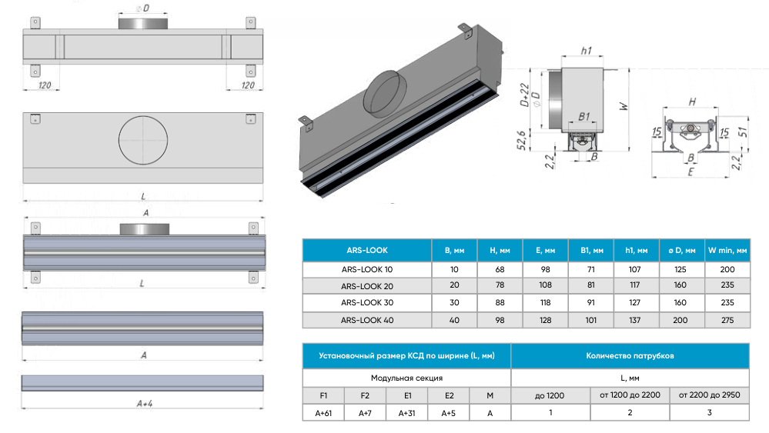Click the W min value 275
(x=727, y=320)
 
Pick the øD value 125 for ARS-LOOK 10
(x=681, y=269)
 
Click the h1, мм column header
(x=636, y=251)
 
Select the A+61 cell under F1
(x=323, y=412)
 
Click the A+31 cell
(x=406, y=412)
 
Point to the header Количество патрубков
(x=630, y=356)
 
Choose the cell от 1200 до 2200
(x=630, y=395)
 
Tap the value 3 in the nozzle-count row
(x=709, y=412)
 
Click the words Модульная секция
(x=406, y=378)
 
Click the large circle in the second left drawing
(x=142, y=141)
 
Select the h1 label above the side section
(x=586, y=51)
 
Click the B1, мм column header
(x=591, y=251)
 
